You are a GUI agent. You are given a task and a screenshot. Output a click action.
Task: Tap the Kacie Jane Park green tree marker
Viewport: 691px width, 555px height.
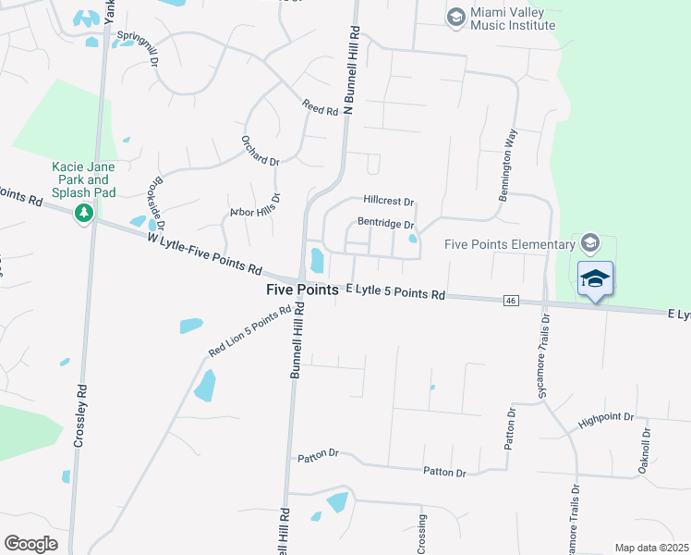click(x=85, y=214)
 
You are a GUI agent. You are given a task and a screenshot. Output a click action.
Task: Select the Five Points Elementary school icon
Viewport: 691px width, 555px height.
click(x=590, y=244)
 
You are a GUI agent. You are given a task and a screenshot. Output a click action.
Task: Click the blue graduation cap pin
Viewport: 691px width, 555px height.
click(x=596, y=278)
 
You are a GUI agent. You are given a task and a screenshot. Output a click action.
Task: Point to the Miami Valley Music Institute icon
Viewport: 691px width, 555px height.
click(x=455, y=17)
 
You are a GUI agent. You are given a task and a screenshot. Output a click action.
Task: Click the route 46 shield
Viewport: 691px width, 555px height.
click(x=510, y=301)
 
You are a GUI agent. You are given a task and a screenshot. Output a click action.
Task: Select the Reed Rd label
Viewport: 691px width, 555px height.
click(x=321, y=108)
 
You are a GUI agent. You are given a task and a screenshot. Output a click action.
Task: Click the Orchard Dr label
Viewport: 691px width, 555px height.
click(x=261, y=150)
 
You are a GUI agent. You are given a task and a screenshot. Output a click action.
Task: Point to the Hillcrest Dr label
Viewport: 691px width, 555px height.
click(x=389, y=200)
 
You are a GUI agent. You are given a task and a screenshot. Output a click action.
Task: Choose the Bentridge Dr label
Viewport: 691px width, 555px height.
click(x=384, y=223)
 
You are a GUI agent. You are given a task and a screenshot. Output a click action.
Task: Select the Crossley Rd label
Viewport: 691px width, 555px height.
click(x=82, y=404)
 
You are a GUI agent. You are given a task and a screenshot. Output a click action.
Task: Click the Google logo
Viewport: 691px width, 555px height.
click(x=30, y=544)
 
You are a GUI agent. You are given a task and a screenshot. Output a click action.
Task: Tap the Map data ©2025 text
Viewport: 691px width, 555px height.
click(x=651, y=548)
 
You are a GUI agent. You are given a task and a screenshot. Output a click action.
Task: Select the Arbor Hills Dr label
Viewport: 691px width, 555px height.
click(x=254, y=206)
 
